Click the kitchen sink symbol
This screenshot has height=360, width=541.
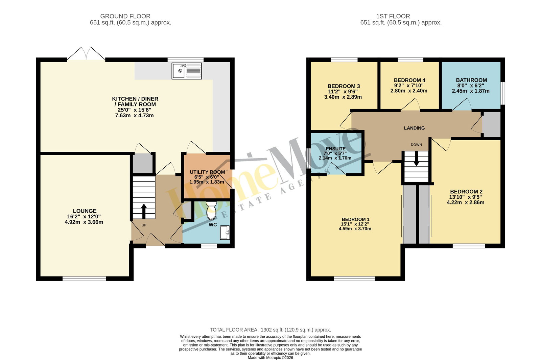pos(187,71)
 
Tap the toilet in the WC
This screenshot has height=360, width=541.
pos(212,211)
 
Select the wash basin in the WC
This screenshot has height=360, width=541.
pos(225,233)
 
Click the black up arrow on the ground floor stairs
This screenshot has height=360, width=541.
pos(144,211)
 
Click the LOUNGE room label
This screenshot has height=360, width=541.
pos(85,211)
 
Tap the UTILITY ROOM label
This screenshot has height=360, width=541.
pos(207,172)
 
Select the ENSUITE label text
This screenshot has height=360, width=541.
pos(336,149)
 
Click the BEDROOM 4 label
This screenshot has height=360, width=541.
pos(409,80)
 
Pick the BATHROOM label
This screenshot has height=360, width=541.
pos(471,80)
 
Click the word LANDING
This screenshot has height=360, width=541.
pos(414,128)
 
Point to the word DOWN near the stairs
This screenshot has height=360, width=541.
pos(416,145)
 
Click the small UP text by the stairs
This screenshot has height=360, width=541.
pos(144,225)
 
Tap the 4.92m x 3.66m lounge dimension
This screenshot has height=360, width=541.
pos(84,222)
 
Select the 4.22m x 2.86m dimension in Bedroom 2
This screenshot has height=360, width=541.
pos(465,202)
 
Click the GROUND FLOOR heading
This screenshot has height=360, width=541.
pos(125,16)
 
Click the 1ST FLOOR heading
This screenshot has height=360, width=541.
pos(393,16)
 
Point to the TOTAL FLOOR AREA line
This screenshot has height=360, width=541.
pos(270,330)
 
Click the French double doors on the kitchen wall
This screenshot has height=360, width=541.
pos(86,54)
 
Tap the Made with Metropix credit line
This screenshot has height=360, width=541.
pos(270,358)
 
